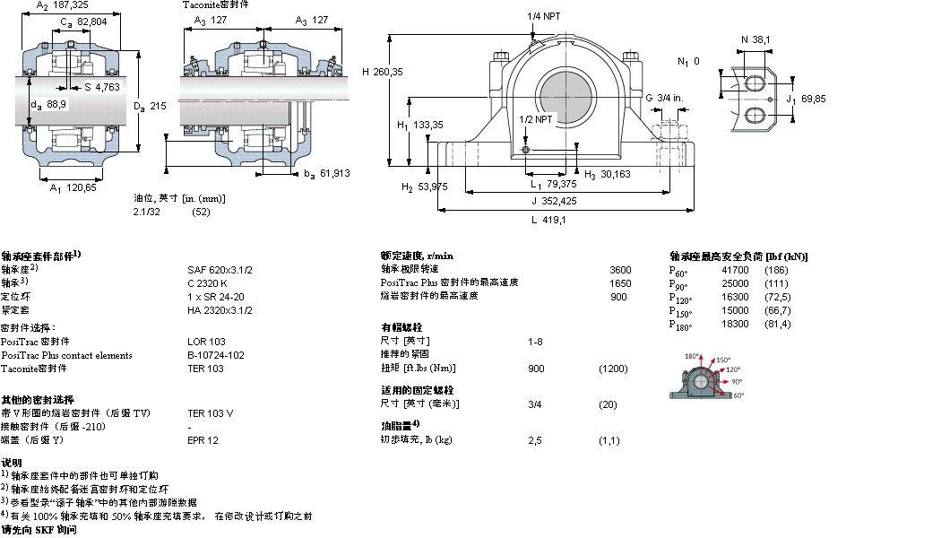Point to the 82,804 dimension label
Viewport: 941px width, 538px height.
93,21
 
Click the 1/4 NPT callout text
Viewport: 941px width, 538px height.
546,16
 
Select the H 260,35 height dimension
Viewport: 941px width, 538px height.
383,72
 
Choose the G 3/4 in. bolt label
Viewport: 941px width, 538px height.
664,97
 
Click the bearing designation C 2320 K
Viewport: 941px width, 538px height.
207,283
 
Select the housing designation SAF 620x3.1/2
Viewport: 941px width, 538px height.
220,270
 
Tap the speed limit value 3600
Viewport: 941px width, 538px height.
620,270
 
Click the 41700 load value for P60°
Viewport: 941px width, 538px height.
735,270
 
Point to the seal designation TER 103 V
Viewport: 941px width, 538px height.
210,413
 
